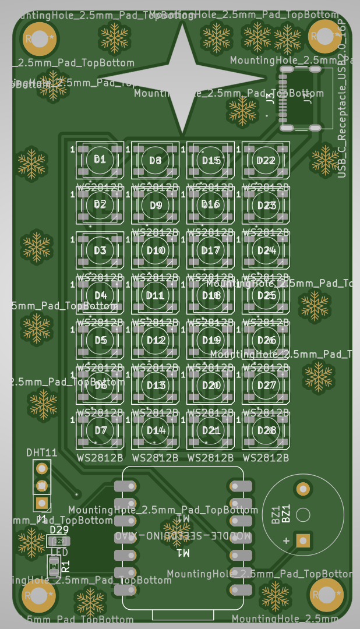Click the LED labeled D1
pyautogui.click(x=100, y=160)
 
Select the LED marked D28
pyautogui.click(x=266, y=430)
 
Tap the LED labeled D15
pyautogui.click(x=210, y=160)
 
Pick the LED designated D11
pyautogui.click(x=156, y=295)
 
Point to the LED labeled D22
pyautogui.click(x=266, y=160)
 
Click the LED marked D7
pyautogui.click(x=100, y=430)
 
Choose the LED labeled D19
pyautogui.click(x=210, y=340)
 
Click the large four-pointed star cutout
pyautogui.click(x=182, y=79)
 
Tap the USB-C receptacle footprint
pyautogui.click(x=300, y=98)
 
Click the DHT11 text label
pyautogui.click(x=42, y=453)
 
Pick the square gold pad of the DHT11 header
pyautogui.click(x=41, y=502)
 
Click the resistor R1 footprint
pyautogui.click(x=54, y=564)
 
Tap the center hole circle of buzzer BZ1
pyautogui.click(x=303, y=515)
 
